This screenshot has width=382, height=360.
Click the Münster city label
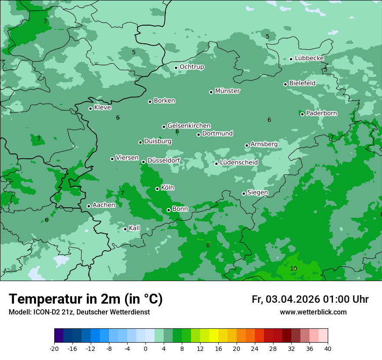tap(227, 91)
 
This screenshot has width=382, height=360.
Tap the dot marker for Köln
tap(158, 189)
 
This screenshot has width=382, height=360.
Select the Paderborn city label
tap(321, 113)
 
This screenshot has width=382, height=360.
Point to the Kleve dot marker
tap(90, 108)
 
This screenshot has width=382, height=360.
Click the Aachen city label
tap(104, 205)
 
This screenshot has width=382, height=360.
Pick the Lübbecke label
tap(309, 58)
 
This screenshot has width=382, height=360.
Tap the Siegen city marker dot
tap(244, 193)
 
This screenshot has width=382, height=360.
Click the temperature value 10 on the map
tap(293, 269)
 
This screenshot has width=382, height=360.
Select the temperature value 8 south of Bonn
tap(208, 245)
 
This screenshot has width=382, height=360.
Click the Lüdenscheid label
tap(239, 163)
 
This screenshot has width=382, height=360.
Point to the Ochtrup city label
tap(191, 67)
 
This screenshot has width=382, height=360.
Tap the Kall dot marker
tap(125, 229)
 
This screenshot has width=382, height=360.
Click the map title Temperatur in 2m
tap(86, 299)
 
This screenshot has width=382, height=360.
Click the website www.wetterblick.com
tap(313, 312)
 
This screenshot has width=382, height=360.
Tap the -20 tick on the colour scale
tap(54, 348)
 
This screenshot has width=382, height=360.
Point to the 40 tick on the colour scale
tap(327, 348)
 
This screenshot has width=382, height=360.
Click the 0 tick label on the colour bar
tap(145, 348)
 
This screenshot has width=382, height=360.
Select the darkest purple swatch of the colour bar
tap(59, 336)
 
